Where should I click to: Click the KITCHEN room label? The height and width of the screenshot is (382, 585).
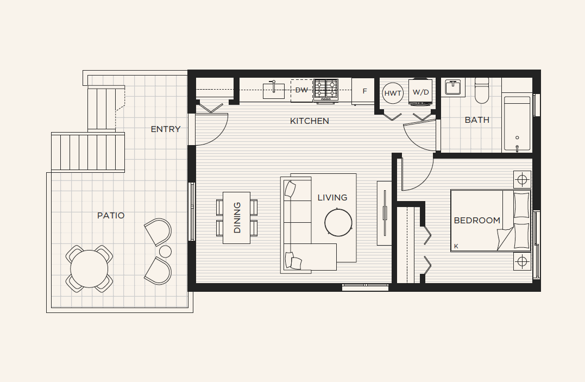click(309, 121)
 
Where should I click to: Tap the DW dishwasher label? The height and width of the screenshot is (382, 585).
click(301, 90)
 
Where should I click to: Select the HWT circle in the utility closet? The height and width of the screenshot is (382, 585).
click(393, 93)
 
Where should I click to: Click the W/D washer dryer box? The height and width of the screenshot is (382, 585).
click(421, 92)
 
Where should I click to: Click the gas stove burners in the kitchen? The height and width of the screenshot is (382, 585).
click(326, 89)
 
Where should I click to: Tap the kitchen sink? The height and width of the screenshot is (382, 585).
click(273, 91)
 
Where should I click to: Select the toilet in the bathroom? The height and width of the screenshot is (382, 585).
click(482, 90)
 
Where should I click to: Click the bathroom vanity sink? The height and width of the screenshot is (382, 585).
click(453, 87)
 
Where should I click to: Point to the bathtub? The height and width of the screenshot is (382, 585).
click(517, 123)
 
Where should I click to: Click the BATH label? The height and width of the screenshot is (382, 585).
click(477, 120)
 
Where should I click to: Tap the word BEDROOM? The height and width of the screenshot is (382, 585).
click(477, 220)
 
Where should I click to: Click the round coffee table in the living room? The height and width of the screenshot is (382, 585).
click(338, 222)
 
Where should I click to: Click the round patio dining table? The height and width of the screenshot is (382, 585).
click(89, 269)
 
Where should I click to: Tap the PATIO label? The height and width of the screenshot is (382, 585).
click(111, 216)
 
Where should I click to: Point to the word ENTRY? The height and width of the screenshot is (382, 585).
click(166, 129)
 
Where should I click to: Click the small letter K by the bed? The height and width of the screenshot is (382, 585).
click(456, 247)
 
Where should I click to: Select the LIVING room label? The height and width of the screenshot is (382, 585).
click(332, 198)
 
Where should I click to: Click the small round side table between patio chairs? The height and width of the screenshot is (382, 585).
click(165, 252)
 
